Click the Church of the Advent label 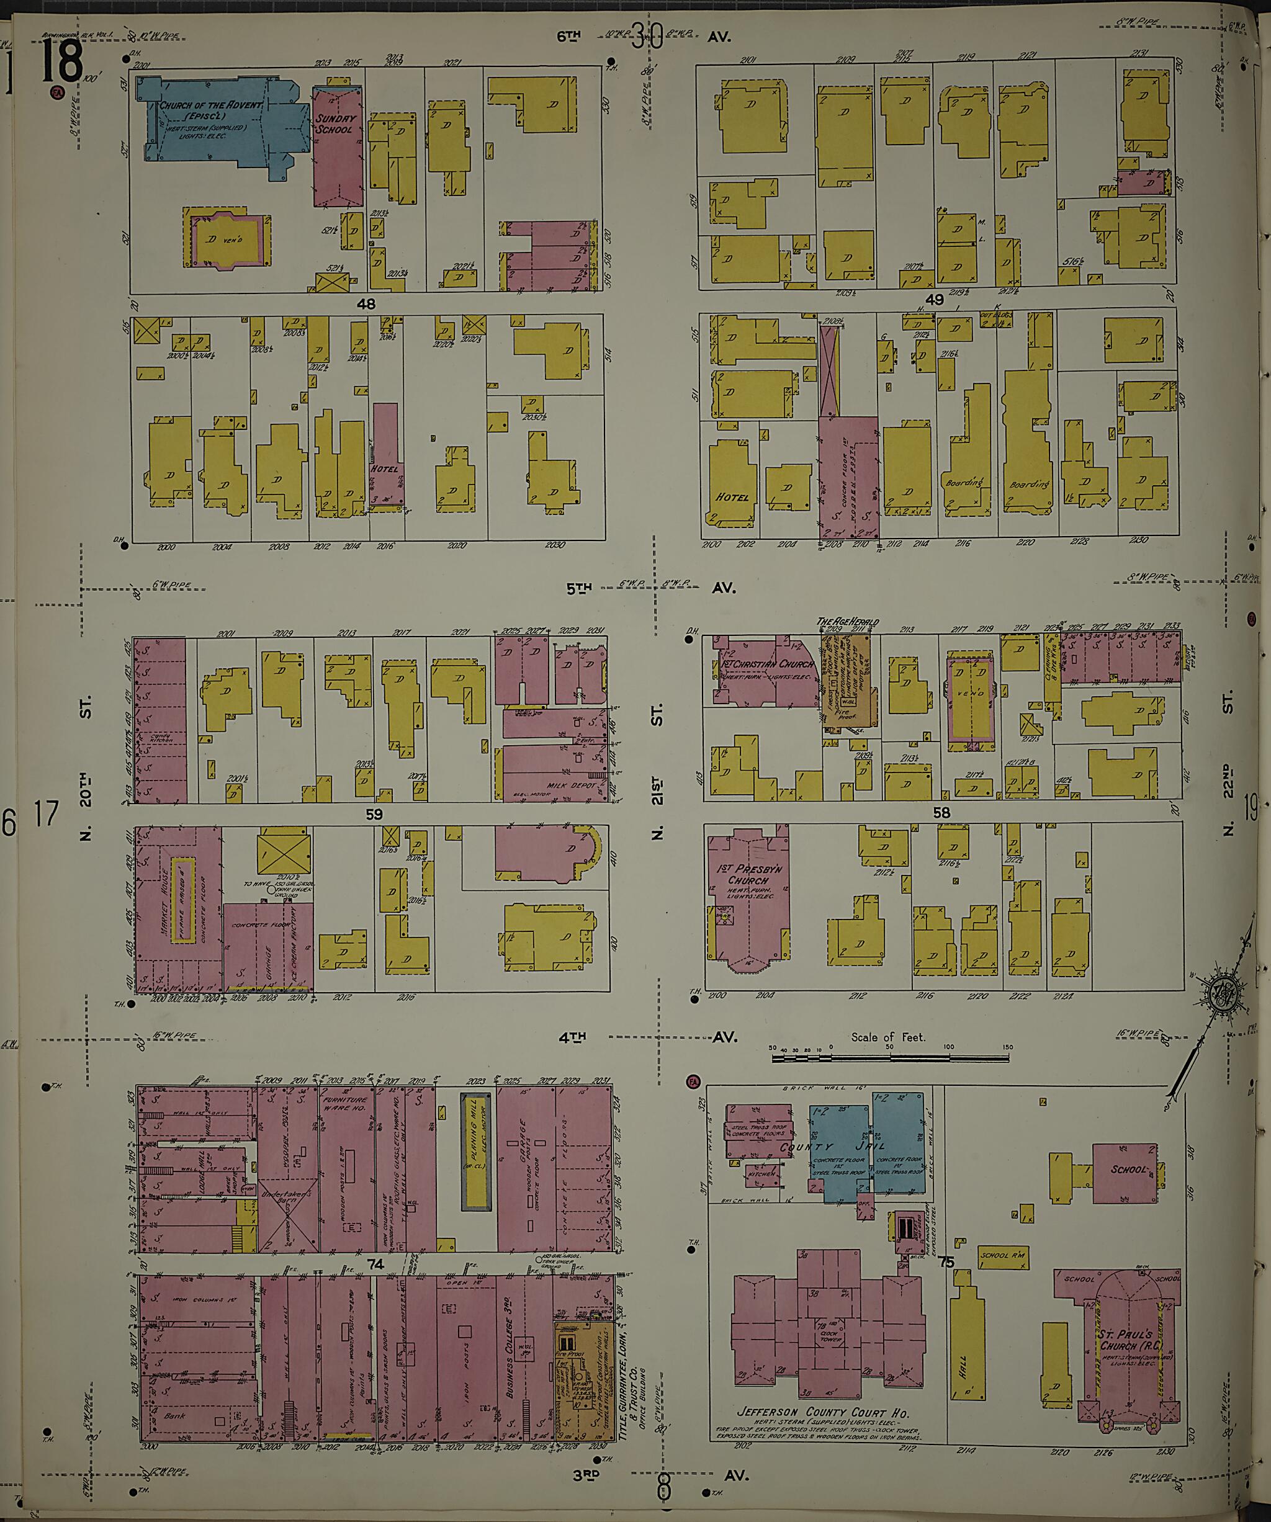pos(211,107)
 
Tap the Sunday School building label pos(335,124)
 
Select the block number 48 pos(366,305)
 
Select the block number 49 pos(934,299)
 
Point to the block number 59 pos(374,815)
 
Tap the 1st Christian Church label pos(765,664)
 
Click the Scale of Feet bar pos(891,1059)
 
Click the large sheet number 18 pos(61,61)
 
